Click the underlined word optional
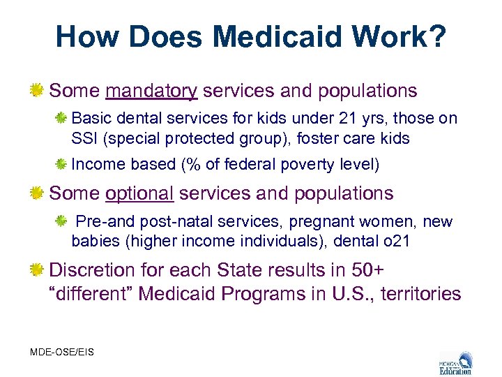coord(140,193)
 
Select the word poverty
coord(306,165)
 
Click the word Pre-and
coord(101,222)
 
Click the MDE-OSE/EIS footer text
coord(62,352)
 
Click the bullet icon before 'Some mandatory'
coord(38,91)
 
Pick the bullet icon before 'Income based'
coord(62,165)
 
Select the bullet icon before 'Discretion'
coord(38,269)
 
